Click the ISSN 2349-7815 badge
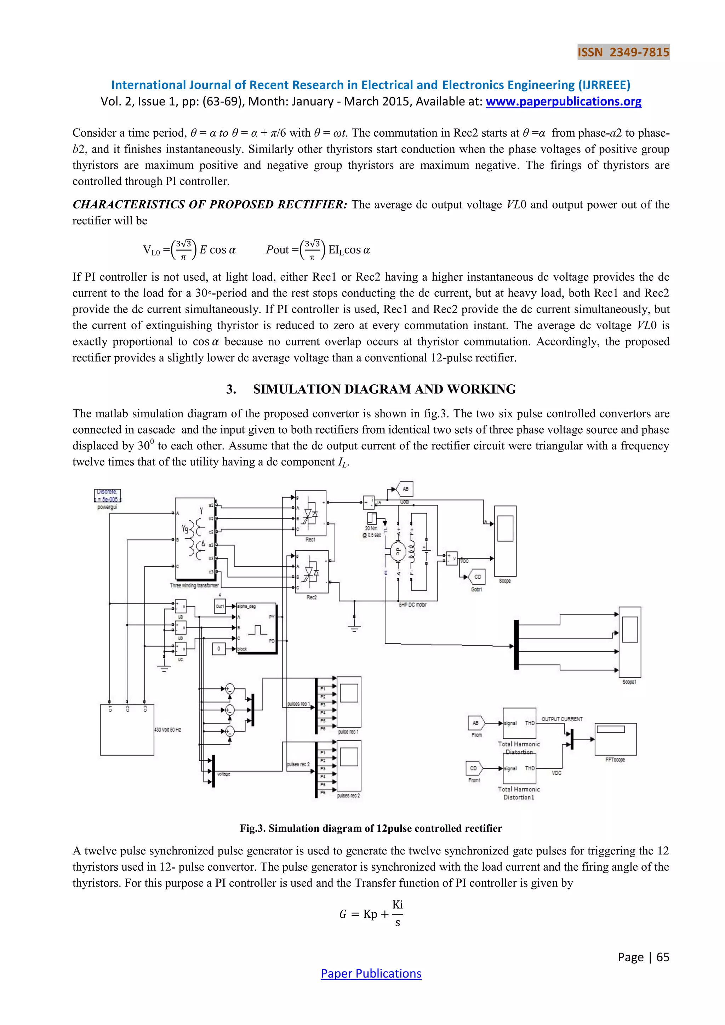pos(623,52)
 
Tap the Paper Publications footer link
pos(371,973)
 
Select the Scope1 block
pos(629,642)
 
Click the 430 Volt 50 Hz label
pos(168,730)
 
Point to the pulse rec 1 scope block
pos(349,702)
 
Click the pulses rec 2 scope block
pos(349,766)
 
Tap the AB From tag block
pos(476,723)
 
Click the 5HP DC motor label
pos(412,605)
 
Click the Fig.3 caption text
pos(371,829)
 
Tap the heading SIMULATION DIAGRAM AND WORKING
pos(384,389)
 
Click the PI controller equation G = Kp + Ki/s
pos(371,914)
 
